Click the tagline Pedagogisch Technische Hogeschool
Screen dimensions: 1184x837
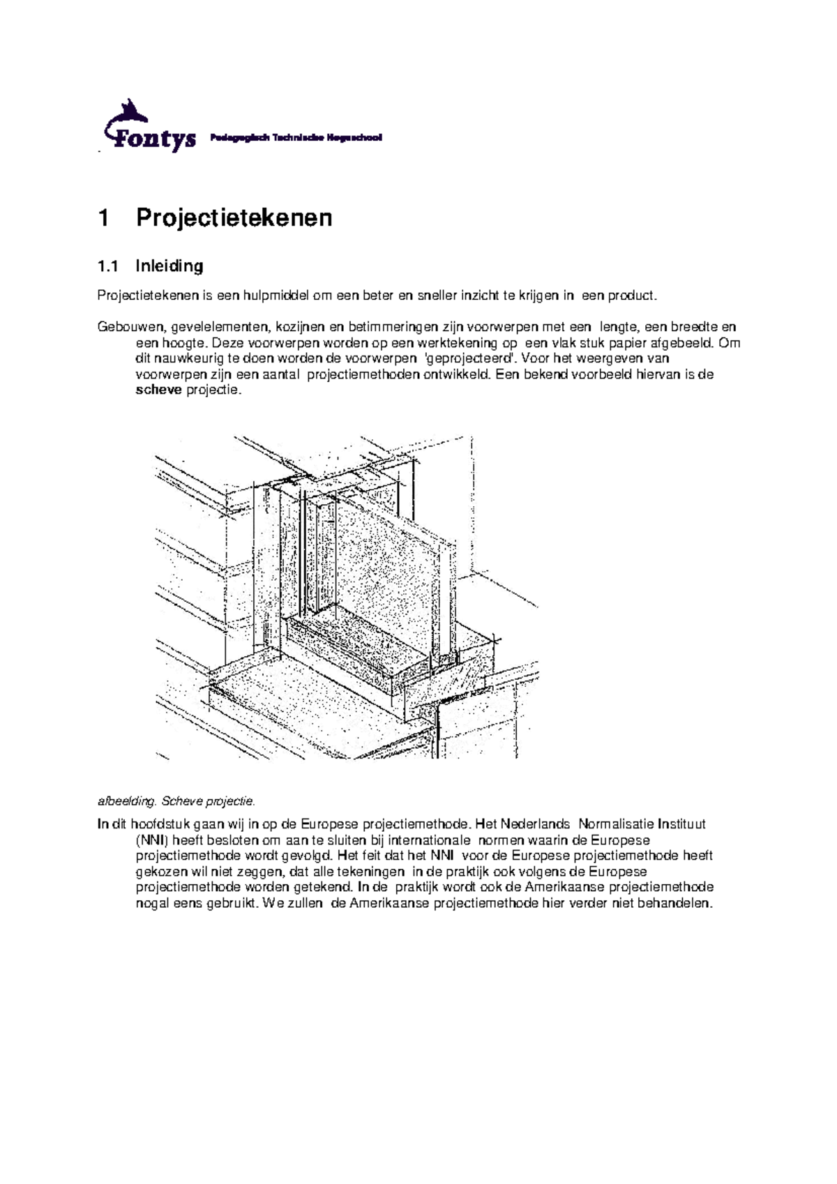tap(296, 138)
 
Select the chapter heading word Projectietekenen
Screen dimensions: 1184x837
tap(234, 218)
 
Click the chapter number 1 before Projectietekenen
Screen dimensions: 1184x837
tap(104, 218)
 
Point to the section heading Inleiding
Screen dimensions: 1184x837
tap(169, 266)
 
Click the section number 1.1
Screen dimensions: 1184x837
tap(107, 266)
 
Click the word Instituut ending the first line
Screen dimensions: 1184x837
tap(679, 824)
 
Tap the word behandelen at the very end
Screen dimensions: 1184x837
tap(679, 903)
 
